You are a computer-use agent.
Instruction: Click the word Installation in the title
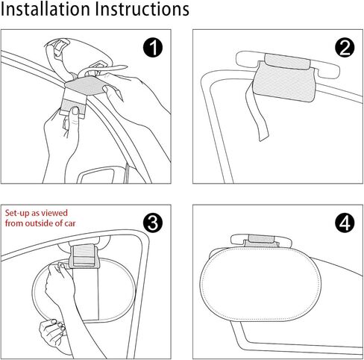(45, 9)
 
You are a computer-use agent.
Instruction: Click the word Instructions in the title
(142, 9)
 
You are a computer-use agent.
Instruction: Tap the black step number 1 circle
(153, 48)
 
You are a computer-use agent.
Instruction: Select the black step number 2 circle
(345, 48)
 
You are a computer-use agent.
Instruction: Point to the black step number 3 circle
(153, 223)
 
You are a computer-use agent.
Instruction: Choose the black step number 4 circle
(345, 223)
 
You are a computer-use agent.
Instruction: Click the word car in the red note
(70, 223)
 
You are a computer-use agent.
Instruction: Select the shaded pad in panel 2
(283, 81)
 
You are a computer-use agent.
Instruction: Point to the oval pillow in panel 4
(260, 284)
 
